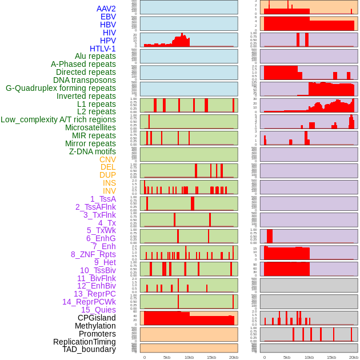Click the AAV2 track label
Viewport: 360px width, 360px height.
[x=106, y=9]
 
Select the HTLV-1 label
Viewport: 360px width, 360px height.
[x=103, y=49]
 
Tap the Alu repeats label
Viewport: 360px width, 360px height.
[x=95, y=56]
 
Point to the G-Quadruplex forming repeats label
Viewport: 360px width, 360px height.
[x=61, y=88]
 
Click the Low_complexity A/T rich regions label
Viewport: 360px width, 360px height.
[x=58, y=119]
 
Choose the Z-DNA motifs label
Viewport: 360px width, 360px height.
[x=93, y=151]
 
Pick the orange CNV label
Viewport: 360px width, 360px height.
[x=107, y=159]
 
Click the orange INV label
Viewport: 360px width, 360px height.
[x=109, y=191]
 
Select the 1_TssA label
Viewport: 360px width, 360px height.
[x=103, y=199]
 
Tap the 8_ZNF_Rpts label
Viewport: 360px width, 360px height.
[x=93, y=254]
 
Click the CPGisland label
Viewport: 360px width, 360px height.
[x=97, y=318]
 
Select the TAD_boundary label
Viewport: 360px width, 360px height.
[x=89, y=349]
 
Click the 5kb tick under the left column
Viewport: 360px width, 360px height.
[x=167, y=357]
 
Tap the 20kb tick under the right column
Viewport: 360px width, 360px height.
[x=354, y=357]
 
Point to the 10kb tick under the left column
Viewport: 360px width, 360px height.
[x=189, y=357]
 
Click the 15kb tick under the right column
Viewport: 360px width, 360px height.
[x=331, y=357]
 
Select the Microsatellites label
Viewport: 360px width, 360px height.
[x=90, y=127]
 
